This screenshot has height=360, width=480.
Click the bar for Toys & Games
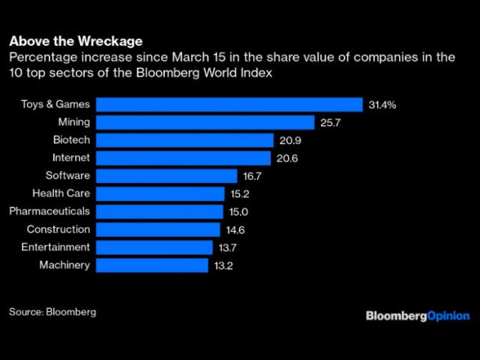[229, 104]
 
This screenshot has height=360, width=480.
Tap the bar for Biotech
[184, 140]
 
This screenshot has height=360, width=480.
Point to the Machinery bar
[151, 265]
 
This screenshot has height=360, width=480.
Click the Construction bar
[158, 229]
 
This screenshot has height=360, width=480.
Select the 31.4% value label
[382, 104]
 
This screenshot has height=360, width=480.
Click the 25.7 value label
[331, 122]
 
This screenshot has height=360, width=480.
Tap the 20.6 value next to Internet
[286, 158]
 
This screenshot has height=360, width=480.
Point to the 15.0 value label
[239, 211]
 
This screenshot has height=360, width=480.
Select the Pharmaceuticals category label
[49, 211]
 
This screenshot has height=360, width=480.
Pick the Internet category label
[71, 158]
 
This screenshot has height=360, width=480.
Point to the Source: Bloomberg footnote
[52, 311]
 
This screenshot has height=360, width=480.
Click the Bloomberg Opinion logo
[418, 316]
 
